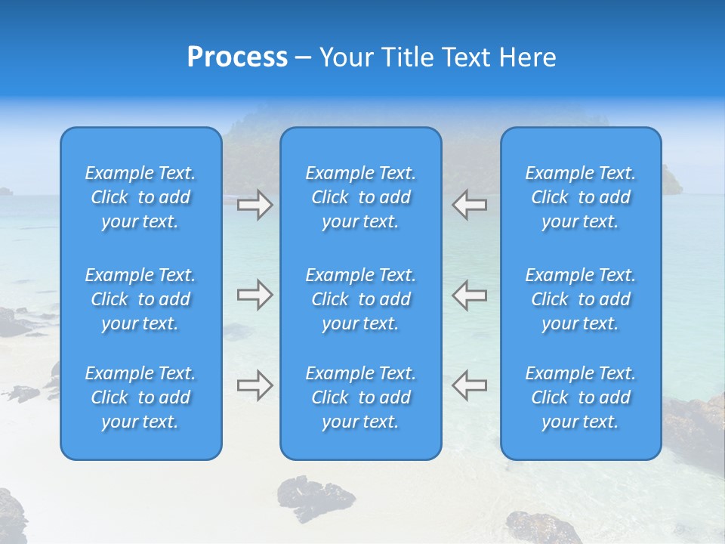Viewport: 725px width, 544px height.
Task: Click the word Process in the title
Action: click(237, 57)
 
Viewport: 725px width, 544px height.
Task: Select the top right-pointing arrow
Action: click(255, 205)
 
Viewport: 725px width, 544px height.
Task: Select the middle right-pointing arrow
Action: click(255, 295)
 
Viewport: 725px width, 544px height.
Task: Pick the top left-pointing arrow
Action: click(469, 205)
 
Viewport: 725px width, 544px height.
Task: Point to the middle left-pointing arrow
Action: click(469, 295)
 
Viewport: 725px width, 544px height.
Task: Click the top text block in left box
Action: click(140, 197)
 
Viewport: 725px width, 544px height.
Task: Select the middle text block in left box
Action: click(140, 299)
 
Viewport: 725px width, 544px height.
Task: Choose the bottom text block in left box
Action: click(140, 397)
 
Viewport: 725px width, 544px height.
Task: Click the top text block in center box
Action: click(360, 197)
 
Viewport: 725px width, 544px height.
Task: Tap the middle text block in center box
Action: click(360, 299)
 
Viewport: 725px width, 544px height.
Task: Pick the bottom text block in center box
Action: click(360, 397)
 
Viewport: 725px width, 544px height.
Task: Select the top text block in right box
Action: click(580, 197)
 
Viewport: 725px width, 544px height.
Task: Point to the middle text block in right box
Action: click(580, 299)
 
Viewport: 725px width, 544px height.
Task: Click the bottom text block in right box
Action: click(580, 397)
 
